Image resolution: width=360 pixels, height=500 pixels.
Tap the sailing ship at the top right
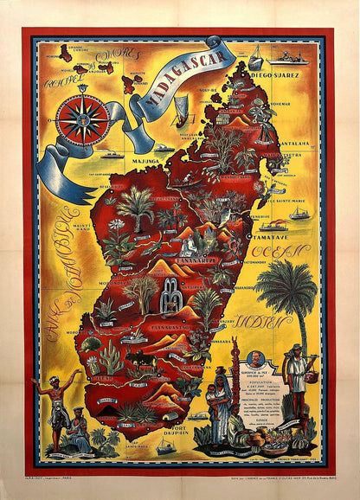coord(256,58)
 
